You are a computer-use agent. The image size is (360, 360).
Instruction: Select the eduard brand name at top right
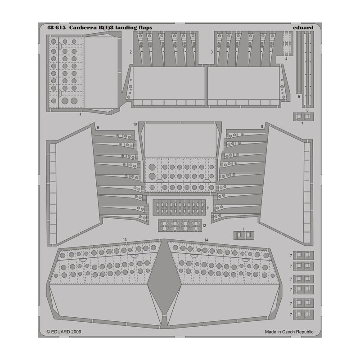303,28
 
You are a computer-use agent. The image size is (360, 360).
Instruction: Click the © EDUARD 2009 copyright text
63,332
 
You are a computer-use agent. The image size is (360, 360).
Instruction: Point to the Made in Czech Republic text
289,332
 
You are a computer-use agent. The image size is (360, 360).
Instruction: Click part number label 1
80,114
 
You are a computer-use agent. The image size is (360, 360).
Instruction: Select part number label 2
130,52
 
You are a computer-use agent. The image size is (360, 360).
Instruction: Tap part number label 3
211,52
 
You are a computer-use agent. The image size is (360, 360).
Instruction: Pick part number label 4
286,59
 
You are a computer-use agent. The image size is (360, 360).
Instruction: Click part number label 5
299,97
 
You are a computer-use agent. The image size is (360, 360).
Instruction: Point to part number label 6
307,110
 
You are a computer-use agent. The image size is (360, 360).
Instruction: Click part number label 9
98,128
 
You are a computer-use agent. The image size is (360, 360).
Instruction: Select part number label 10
135,124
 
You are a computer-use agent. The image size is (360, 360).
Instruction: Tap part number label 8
262,126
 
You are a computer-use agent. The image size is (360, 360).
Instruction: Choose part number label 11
208,208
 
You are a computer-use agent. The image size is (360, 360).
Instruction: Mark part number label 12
204,226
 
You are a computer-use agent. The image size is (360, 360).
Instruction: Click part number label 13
125,240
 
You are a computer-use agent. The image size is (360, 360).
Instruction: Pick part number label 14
206,240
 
